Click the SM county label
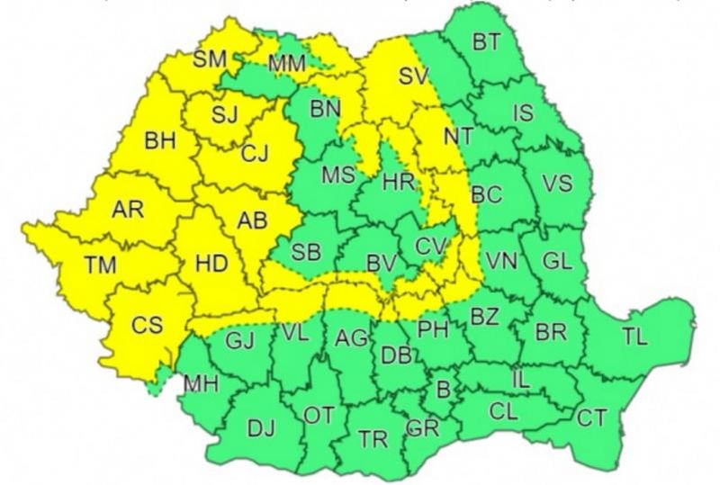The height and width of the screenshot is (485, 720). (211, 59)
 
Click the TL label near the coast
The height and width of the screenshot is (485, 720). (634, 338)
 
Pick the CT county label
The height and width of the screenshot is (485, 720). (591, 417)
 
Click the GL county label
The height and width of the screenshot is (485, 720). (557, 261)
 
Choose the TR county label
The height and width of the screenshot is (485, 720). (372, 440)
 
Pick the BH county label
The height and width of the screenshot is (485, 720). (160, 140)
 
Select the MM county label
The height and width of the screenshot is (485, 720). (287, 64)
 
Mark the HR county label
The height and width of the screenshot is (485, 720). (397, 183)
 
